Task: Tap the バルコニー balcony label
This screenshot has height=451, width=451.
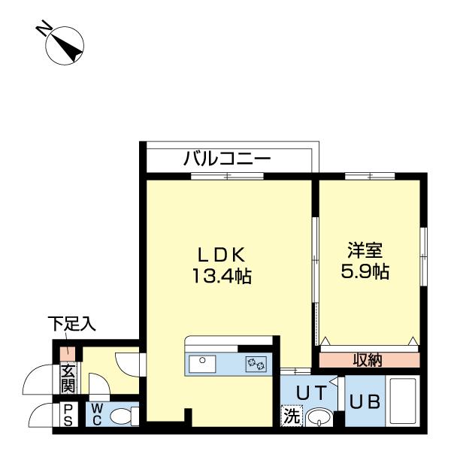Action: coord(227,159)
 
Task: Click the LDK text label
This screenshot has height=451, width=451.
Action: coord(222,254)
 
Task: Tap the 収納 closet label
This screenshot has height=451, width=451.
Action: coord(368,360)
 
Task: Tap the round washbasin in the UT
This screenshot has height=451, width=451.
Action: coord(319,417)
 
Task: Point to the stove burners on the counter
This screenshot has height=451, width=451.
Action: coord(255,364)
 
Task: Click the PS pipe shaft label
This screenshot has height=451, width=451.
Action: coord(68,414)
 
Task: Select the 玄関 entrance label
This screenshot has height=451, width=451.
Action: coord(68,378)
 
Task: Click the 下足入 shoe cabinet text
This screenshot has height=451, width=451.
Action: coord(72,325)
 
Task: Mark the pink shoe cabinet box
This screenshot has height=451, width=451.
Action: coord(68,352)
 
